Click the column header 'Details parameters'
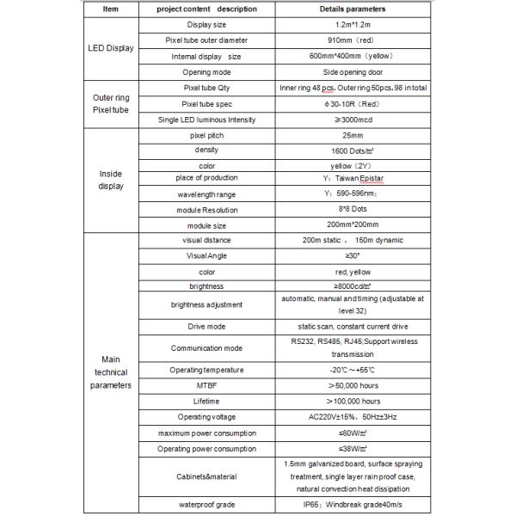coord(354,9)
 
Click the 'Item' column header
coord(110,9)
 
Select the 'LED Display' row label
coord(110,48)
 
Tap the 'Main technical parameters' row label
coord(110,372)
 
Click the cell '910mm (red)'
coord(354,40)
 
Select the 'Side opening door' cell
coord(354,71)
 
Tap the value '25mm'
coord(354,136)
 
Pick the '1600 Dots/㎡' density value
coord(354,150)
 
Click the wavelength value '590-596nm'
coord(354,194)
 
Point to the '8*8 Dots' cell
coord(354,209)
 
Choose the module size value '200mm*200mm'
coord(354,224)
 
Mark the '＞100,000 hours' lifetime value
coord(354,401)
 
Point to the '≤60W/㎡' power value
coord(354,432)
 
